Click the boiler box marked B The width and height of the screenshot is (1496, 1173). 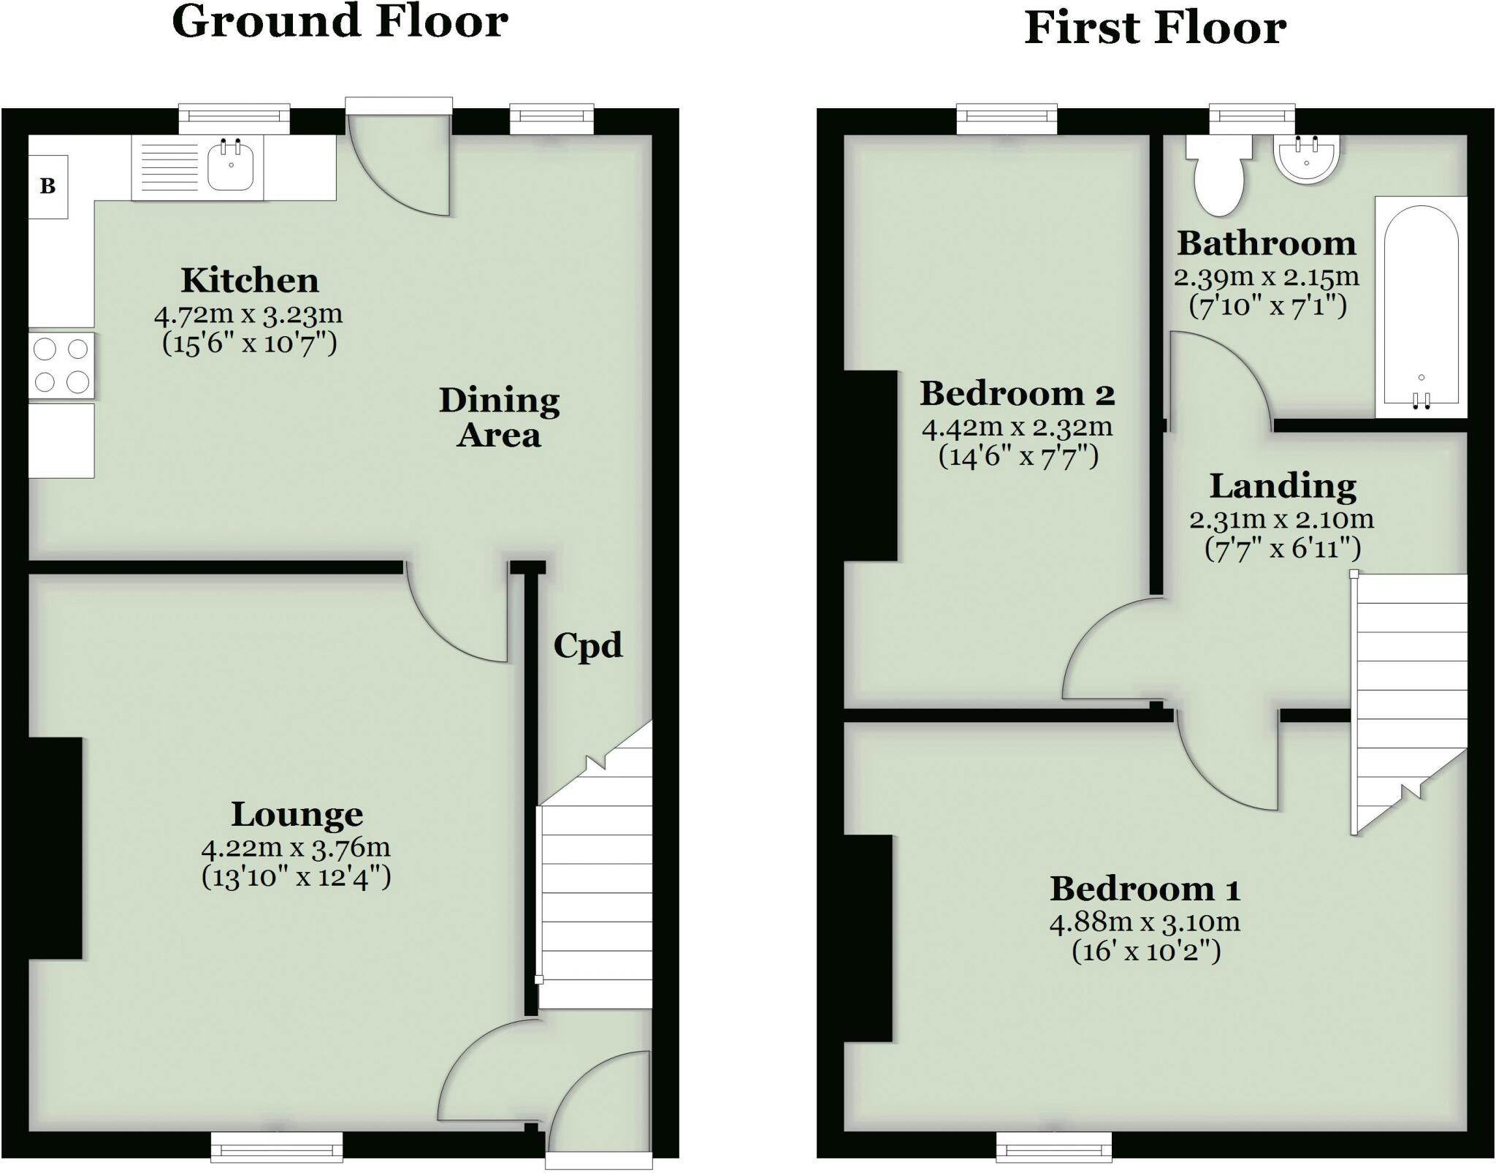[48, 186]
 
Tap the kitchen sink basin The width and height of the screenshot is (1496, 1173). [230, 166]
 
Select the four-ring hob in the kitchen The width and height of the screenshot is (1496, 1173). [61, 365]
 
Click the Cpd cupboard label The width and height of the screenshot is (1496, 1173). [587, 645]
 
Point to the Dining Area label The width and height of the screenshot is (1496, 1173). [499, 417]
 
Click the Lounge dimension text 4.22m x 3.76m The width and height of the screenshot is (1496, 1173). [296, 848]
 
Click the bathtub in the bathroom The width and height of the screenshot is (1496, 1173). [1421, 307]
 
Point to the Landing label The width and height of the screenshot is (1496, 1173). [1283, 486]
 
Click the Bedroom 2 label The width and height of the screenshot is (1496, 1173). [1017, 394]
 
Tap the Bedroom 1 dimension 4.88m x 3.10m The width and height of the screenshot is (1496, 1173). [1145, 922]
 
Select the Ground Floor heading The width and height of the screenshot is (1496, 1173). [340, 22]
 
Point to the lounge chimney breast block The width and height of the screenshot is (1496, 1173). [55, 848]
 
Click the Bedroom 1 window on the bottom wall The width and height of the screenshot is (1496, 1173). [1054, 1146]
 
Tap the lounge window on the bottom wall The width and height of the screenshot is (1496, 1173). [277, 1146]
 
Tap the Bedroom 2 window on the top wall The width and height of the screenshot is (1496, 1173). [1007, 119]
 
